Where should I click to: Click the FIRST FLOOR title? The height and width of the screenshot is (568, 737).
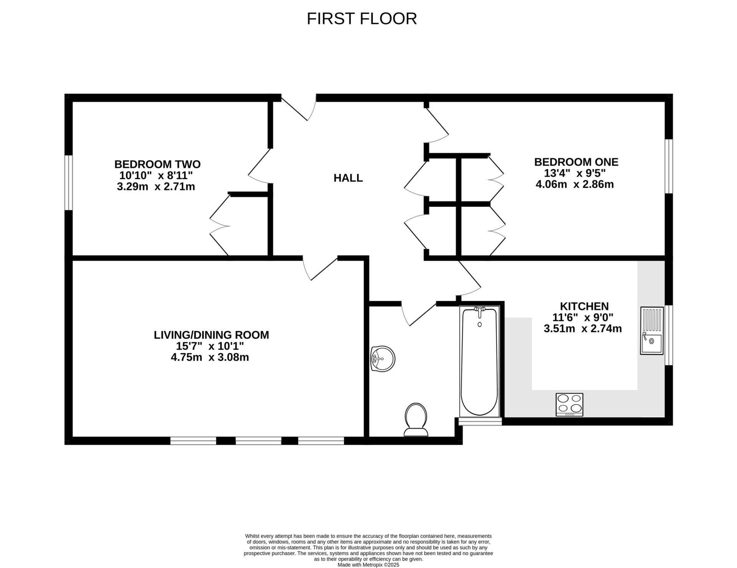click(x=362, y=19)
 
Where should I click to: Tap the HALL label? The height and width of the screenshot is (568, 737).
click(x=348, y=178)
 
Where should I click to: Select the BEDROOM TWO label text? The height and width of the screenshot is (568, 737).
click(x=157, y=164)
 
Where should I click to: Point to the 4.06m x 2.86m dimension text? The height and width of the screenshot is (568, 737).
click(x=574, y=184)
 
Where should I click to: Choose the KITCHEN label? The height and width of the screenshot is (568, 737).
click(x=584, y=306)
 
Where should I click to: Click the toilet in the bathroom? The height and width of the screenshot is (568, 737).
click(x=416, y=420)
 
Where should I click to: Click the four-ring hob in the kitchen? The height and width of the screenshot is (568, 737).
click(x=569, y=405)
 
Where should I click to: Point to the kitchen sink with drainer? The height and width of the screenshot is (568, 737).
click(x=651, y=330)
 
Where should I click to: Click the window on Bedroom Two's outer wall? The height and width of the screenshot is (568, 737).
click(x=69, y=183)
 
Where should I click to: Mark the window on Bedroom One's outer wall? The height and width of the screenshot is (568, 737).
click(x=669, y=166)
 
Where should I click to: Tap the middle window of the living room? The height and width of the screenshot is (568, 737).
click(x=258, y=441)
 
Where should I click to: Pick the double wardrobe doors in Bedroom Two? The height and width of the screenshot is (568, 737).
click(x=220, y=226)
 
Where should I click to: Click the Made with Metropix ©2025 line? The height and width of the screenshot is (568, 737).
click(x=368, y=565)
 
